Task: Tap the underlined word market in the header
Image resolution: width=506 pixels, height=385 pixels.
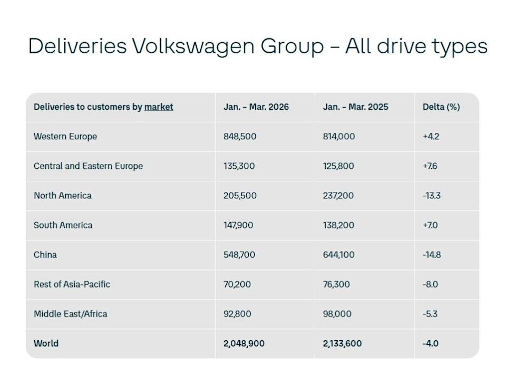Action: (x=159, y=107)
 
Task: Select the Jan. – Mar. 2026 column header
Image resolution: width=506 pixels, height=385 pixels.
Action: (x=256, y=107)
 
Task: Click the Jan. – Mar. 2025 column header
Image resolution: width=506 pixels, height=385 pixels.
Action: (x=355, y=107)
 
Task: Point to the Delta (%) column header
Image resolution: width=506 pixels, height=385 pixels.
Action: (x=441, y=107)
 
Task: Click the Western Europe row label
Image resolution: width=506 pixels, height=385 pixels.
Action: (x=65, y=137)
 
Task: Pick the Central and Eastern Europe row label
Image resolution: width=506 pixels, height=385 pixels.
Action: (x=88, y=166)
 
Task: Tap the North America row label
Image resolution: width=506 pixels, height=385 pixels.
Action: (x=62, y=196)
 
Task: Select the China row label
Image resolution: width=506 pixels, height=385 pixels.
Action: (x=45, y=255)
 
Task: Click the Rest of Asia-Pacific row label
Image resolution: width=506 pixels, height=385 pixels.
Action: (x=72, y=284)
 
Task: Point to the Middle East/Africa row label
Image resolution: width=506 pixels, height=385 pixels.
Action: (x=70, y=314)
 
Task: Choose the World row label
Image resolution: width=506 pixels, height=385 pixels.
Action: (x=46, y=343)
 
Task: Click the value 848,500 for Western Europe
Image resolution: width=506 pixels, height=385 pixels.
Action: (x=240, y=137)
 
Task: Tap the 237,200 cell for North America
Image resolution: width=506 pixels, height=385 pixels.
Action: (x=338, y=196)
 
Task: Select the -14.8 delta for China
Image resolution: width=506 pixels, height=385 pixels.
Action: (x=432, y=255)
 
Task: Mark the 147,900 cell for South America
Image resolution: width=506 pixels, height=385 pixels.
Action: (x=238, y=225)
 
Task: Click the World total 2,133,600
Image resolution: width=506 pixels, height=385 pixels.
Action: (x=342, y=343)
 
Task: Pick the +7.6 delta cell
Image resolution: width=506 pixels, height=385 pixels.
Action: (x=430, y=166)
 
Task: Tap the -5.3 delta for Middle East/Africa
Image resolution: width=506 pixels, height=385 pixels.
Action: (x=430, y=314)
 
